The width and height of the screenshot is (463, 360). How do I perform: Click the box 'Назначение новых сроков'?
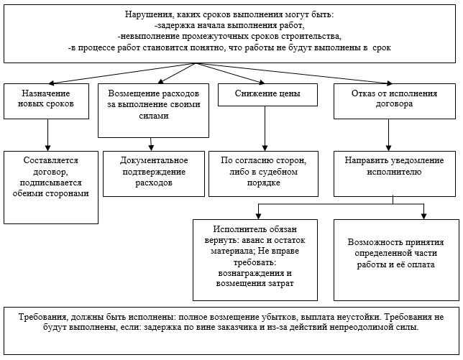pos(46,101)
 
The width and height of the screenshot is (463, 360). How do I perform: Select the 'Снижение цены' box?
pos(268,95)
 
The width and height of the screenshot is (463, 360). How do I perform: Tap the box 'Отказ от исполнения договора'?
pos(395,101)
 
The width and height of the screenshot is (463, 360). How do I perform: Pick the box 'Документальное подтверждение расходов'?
pos(154,174)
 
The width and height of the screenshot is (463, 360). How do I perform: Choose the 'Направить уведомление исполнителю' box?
pos(395,174)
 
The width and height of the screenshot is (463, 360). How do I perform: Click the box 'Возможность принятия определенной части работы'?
pos(396,260)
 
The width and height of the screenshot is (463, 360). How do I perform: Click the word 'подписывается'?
pos(50,183)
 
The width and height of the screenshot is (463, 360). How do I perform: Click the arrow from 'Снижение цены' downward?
pos(265,129)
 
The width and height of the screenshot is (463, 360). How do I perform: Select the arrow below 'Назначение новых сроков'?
pos(48,135)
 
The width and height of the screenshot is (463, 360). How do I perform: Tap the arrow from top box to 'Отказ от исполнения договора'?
pos(294,73)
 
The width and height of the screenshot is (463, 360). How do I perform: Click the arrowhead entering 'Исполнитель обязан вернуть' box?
pos(258,216)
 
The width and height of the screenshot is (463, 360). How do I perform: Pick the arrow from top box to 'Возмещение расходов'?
pos(177,73)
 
